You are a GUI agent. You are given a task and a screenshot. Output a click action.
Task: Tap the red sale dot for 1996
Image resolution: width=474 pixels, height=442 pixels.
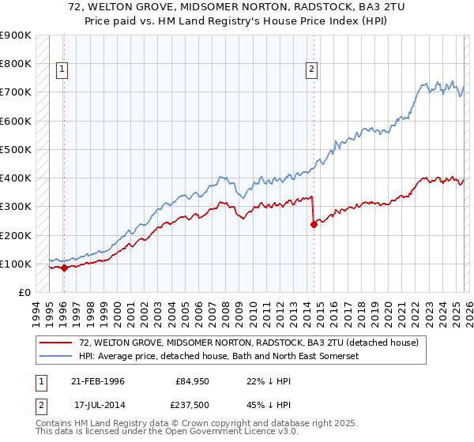click(x=64, y=268)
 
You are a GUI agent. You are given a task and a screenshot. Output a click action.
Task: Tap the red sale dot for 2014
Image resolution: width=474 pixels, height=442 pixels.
click(x=314, y=224)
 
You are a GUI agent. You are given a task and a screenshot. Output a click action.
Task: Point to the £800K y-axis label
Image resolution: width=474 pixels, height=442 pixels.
click(x=16, y=64)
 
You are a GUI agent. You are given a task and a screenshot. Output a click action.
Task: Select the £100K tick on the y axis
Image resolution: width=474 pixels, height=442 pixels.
click(x=16, y=264)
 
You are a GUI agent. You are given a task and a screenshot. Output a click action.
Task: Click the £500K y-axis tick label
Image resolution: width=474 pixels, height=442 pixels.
click(x=16, y=149)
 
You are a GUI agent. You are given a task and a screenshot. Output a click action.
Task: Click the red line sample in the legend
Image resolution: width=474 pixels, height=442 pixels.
click(x=57, y=343)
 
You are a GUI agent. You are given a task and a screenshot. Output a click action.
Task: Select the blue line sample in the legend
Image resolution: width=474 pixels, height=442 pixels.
click(x=57, y=356)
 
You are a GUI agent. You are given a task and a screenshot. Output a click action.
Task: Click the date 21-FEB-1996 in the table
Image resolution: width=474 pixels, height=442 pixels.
click(x=98, y=381)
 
